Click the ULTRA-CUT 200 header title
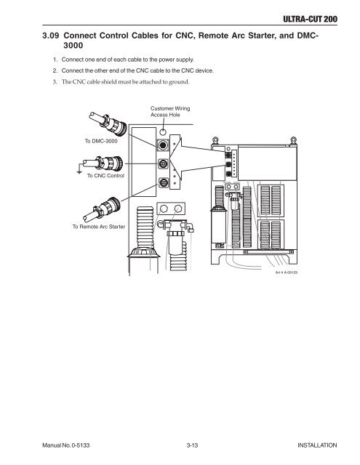(x=310, y=20)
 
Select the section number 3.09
(x=51, y=36)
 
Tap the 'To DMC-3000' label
(x=101, y=141)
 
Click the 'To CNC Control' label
(x=105, y=176)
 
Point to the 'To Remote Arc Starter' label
(x=99, y=227)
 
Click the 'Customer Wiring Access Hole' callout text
(x=170, y=111)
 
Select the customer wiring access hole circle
(x=163, y=131)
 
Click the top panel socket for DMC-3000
(x=163, y=145)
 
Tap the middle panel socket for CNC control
(x=163, y=163)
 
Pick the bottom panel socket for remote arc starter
(x=163, y=182)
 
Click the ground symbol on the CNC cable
(x=79, y=171)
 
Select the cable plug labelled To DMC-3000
(x=108, y=124)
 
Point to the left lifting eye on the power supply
(x=216, y=140)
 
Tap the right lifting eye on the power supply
(x=293, y=140)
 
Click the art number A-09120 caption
(x=287, y=272)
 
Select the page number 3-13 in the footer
(x=192, y=445)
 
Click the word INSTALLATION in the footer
(x=317, y=445)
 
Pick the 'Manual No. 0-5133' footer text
(x=66, y=445)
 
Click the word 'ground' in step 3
(x=179, y=82)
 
